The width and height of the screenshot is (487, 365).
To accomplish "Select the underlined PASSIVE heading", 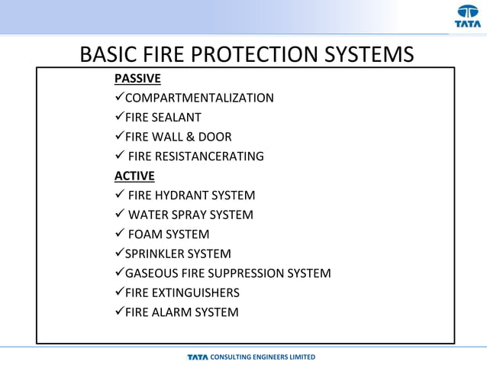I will tap(137, 79).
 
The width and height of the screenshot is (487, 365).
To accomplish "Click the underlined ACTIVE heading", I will tap(134, 176).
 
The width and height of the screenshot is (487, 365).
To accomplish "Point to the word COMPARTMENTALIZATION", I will tap(199, 98).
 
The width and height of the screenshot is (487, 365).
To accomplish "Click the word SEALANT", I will tap(176, 118).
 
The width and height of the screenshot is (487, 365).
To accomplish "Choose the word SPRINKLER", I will tap(156, 254).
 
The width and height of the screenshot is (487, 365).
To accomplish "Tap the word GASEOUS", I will tap(151, 273).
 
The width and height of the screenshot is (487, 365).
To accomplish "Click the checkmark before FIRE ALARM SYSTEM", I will tap(119, 312).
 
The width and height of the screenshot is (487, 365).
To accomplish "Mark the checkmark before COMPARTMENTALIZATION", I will tap(119, 97).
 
